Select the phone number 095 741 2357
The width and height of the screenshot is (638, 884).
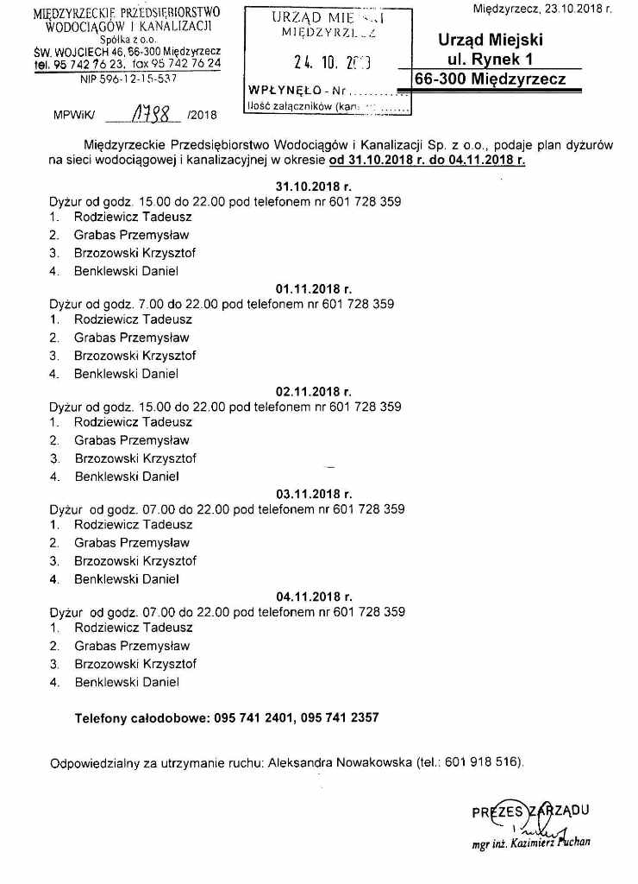coord(341,717)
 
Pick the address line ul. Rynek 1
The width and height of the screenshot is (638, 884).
coord(489,60)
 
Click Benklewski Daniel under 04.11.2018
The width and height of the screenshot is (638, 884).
coord(126,682)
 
